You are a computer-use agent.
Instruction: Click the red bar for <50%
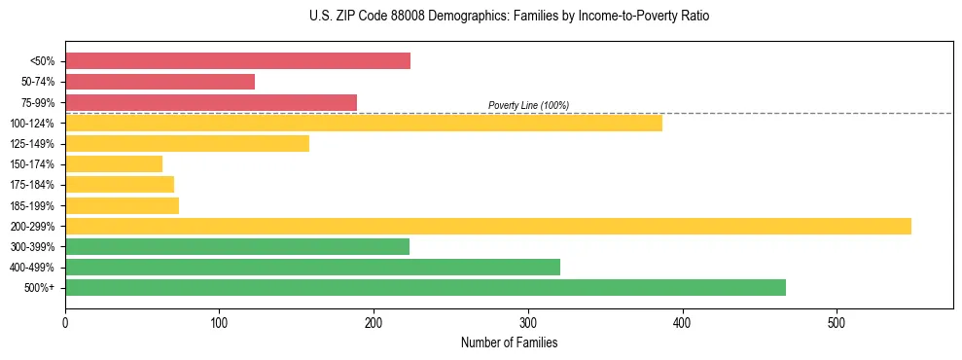click(237, 61)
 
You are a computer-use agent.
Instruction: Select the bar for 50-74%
click(160, 82)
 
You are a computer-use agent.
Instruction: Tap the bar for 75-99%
click(211, 102)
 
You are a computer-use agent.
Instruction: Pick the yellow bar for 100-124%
click(363, 123)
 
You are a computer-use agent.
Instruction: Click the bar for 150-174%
click(114, 164)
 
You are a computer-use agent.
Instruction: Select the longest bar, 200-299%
click(487, 226)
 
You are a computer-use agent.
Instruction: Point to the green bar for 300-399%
click(237, 246)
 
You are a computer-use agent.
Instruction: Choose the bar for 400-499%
click(312, 267)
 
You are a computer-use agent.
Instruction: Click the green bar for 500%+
click(425, 287)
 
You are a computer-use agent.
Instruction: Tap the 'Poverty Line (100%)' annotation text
click(528, 105)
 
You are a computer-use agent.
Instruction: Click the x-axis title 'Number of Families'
click(509, 342)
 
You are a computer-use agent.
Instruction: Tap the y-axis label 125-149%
click(32, 144)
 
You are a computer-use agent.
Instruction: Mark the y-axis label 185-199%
click(32, 205)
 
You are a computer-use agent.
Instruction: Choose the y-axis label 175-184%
click(32, 185)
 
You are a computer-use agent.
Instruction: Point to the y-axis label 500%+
click(40, 288)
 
